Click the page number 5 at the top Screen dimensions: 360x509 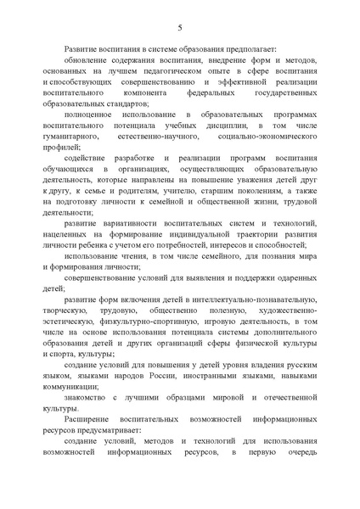pyautogui.click(x=180, y=26)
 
